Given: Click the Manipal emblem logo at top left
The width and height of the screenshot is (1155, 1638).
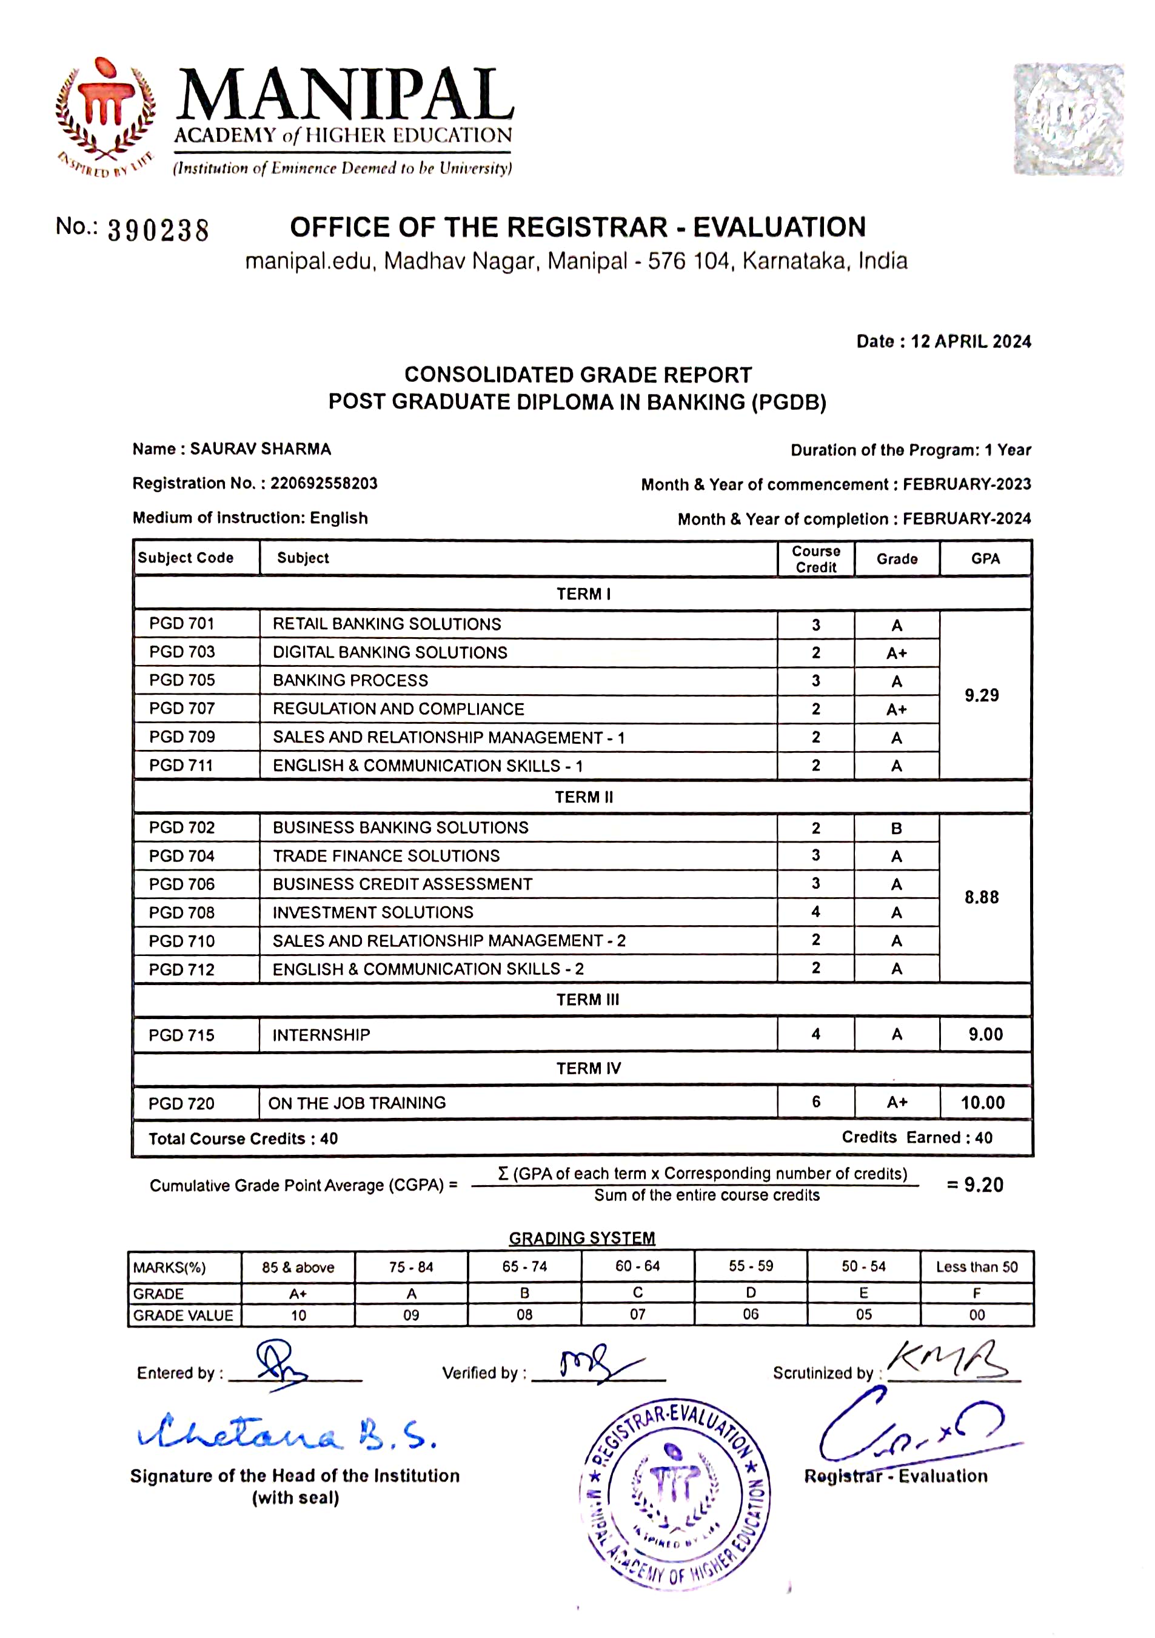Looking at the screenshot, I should point(105,114).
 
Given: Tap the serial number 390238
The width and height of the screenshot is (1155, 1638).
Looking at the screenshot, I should point(158,230).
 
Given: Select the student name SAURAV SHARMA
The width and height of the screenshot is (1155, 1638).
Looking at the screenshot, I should point(260,449).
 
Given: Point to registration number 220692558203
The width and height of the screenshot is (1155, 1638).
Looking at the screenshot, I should point(323,483).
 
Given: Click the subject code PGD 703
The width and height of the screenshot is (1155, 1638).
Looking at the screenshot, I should point(182,652).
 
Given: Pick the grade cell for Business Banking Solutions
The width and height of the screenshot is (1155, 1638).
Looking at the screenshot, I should point(896,828).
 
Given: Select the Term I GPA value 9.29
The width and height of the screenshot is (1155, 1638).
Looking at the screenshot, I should point(982,695).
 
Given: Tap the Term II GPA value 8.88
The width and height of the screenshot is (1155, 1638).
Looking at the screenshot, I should point(982,897).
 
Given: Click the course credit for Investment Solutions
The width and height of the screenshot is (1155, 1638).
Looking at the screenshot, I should point(815,912).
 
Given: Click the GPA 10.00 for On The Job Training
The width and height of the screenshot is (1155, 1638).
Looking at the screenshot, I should point(982,1103).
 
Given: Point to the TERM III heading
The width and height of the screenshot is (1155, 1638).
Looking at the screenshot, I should point(588,1000).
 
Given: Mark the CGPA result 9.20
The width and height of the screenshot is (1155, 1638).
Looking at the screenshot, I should point(984,1185).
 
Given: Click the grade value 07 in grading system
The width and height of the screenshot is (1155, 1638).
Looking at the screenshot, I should point(637,1314).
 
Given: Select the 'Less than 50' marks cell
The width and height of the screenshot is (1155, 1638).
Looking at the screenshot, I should point(977,1267).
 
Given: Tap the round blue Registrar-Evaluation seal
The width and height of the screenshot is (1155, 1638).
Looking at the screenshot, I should point(675,1491).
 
